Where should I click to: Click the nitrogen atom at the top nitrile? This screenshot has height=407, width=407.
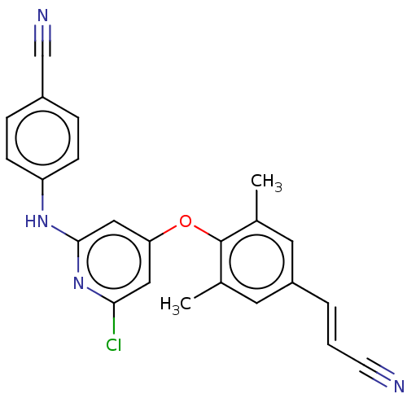(x=42, y=15)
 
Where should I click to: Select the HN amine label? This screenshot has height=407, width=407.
(x=37, y=221)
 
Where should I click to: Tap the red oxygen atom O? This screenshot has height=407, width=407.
(x=186, y=221)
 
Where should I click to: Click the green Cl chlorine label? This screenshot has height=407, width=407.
(x=113, y=345)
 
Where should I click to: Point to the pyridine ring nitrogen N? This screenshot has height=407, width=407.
(x=78, y=283)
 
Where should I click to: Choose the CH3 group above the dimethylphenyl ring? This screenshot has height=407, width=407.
(x=266, y=182)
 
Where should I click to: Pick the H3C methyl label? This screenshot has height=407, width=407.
(x=176, y=304)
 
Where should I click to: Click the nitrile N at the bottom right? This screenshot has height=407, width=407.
(x=399, y=386)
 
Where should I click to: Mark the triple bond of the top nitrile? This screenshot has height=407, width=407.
(x=42, y=41)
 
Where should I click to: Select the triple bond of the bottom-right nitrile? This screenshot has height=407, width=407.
(x=376, y=372)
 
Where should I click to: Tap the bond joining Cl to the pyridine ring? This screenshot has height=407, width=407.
(x=114, y=318)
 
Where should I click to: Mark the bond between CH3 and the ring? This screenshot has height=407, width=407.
(x=256, y=205)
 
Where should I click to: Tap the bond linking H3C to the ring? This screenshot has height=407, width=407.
(x=207, y=291)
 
